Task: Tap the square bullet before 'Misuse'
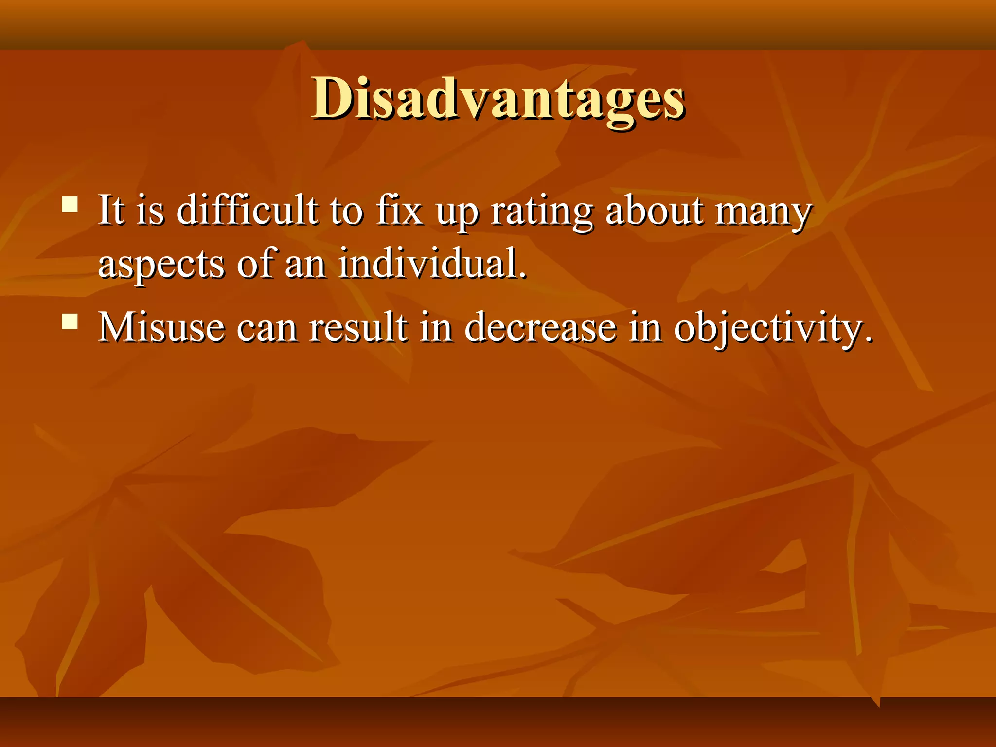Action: coord(70,321)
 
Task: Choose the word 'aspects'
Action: coord(161,266)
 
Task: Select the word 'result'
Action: coord(358,327)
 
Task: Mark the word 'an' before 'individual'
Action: coord(305,266)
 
